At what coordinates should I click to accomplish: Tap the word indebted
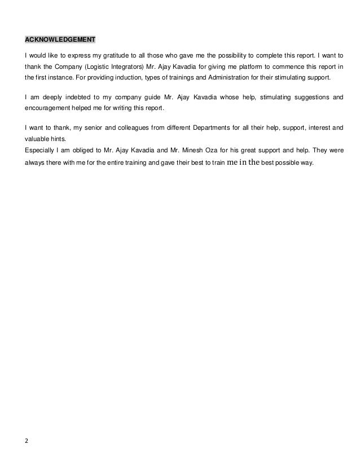[x=65, y=97]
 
